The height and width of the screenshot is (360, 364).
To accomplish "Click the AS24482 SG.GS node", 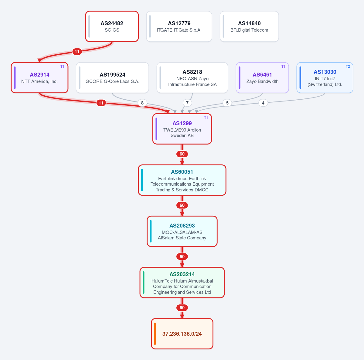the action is tap(112, 26).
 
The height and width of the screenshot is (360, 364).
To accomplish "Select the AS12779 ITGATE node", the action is tap(179, 26).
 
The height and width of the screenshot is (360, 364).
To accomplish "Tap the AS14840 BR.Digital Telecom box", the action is tap(249, 26).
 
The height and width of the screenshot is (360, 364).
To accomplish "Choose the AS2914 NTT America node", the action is tap(39, 77).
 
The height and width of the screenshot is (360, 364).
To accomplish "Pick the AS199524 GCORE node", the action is tap(112, 77).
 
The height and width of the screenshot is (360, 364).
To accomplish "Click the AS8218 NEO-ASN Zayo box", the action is tap(192, 77).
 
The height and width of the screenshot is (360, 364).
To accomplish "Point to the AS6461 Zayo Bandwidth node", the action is tap(262, 77).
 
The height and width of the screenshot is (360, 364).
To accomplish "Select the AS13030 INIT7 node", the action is tap(325, 77).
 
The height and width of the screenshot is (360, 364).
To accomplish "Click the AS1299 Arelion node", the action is tap(182, 129).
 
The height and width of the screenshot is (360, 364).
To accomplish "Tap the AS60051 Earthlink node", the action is tap(182, 180).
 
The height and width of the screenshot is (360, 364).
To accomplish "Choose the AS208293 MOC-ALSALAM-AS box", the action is tap(182, 231).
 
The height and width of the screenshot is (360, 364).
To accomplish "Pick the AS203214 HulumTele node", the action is tap(182, 283).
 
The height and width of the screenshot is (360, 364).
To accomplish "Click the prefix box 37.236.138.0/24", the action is tap(182, 334).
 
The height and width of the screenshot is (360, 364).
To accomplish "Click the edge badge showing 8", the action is tap(142, 103).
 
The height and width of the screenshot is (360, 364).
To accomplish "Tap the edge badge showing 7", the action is tap(187, 103).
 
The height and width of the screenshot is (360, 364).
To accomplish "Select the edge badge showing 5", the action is tap(227, 103).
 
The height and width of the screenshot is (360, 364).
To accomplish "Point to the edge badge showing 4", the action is tap(263, 103).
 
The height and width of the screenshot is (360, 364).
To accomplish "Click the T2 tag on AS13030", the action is tap(348, 67).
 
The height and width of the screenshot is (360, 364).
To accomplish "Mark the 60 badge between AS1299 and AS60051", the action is tap(182, 154).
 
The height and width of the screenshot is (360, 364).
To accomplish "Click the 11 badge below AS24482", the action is tap(77, 52).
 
